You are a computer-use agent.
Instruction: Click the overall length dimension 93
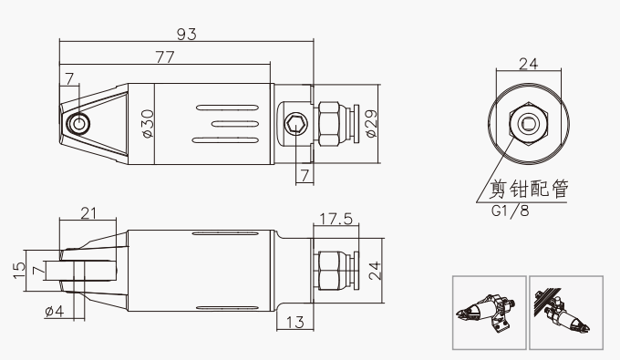click(186, 34)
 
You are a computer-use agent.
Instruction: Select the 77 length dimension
click(165, 57)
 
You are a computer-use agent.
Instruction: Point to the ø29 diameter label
click(371, 124)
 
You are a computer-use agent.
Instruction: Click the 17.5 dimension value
click(336, 218)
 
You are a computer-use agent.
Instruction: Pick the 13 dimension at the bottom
click(295, 322)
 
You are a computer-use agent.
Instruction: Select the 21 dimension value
click(88, 213)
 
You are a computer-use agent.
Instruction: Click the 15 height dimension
click(19, 271)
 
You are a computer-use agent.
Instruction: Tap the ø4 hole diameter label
click(55, 312)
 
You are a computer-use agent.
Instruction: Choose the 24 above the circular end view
click(528, 64)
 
